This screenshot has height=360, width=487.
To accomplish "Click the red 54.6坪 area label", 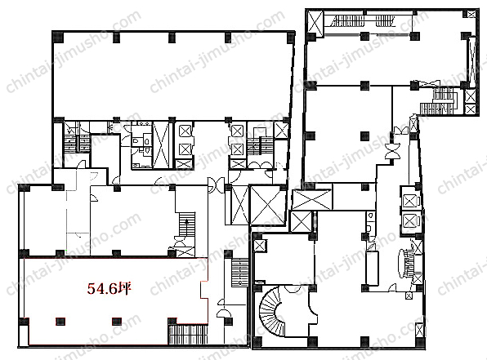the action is [109, 289].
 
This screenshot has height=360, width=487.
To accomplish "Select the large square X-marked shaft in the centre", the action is [267, 205].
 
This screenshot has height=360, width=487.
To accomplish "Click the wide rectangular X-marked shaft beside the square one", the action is [312, 200].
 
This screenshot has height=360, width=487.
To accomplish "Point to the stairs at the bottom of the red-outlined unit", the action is [188, 334].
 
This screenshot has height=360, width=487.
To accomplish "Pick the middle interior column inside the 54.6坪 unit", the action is [117, 321].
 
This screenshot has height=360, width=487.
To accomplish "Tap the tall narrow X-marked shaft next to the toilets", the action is [161, 144].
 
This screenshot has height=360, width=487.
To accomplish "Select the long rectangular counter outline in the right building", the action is [372, 269].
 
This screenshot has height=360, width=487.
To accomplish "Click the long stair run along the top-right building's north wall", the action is [363, 21].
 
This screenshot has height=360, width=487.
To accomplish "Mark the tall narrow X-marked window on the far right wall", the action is [472, 62].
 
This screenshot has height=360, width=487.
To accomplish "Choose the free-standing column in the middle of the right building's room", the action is [365, 136].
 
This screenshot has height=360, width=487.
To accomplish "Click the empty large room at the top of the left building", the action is [172, 76].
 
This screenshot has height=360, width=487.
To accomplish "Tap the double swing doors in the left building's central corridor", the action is [217, 185].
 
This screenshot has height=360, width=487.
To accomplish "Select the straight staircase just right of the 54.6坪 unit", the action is [240, 273].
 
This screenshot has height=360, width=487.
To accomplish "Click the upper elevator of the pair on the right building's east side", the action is [410, 201].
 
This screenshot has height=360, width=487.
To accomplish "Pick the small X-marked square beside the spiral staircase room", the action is [258, 246].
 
